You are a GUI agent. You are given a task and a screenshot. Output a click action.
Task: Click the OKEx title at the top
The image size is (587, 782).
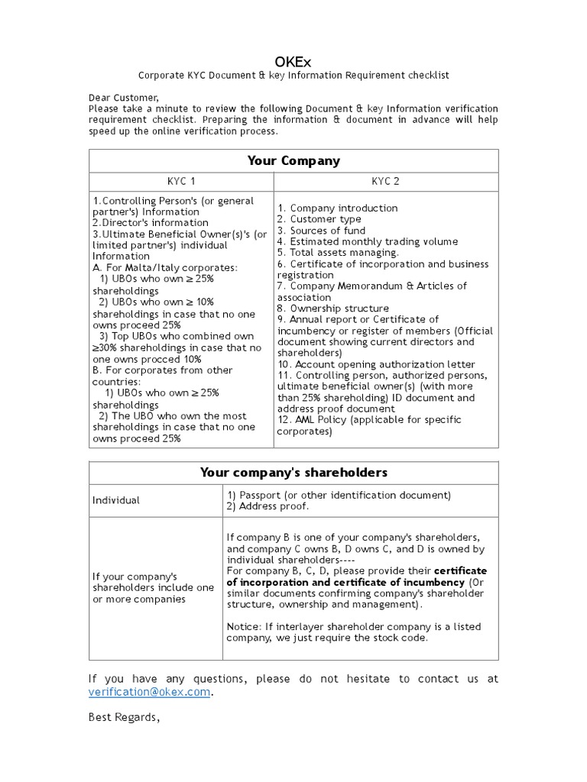[293, 60]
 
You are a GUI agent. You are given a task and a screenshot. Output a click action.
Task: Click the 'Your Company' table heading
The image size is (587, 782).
[293, 160]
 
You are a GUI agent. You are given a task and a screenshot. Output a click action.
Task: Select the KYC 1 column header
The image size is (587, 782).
[181, 181]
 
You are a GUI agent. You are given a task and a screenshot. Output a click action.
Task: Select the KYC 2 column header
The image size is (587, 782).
[385, 181]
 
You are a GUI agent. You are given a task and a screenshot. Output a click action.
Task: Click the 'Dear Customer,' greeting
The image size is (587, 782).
[124, 97]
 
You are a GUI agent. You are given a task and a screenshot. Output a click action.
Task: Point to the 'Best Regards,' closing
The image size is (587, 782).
[125, 719]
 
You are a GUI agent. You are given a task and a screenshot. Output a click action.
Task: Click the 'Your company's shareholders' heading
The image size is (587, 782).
[293, 473]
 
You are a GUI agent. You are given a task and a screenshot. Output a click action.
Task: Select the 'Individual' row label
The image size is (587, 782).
[116, 500]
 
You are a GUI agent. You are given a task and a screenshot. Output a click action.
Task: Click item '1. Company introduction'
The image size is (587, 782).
[337, 208]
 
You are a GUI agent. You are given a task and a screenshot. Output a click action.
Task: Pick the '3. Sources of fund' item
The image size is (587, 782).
[321, 230]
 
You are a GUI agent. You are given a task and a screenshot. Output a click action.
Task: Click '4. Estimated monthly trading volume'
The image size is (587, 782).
[367, 241]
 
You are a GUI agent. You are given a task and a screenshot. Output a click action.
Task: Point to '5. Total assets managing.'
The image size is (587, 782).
[338, 252]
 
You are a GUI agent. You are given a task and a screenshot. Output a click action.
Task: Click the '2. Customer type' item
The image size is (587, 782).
[319, 219]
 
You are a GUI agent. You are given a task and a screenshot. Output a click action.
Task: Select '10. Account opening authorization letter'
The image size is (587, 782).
[375, 364]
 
